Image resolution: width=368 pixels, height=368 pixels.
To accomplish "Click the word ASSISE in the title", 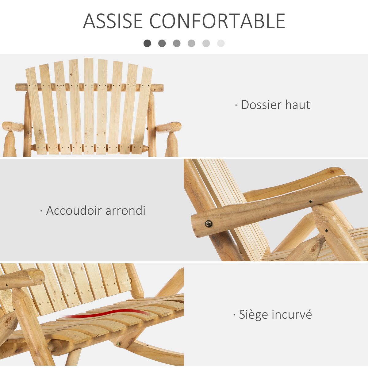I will point(113,21).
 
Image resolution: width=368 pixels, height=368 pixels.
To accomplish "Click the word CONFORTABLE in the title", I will point(217,21).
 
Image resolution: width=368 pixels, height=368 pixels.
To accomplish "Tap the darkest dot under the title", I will point(147,43).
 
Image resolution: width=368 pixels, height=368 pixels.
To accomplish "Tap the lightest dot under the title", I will point(221,43).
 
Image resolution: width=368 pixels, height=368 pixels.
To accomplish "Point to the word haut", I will point(297,105).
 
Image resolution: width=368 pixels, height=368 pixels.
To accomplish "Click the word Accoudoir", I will point(74,211).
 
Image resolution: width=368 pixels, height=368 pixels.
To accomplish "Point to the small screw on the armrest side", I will point(310,202).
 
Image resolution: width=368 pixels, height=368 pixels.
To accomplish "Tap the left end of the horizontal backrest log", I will point(18,87).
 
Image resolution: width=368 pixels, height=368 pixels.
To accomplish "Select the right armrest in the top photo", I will point(169,126).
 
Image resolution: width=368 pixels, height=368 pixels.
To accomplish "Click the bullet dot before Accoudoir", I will point(41,211).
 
